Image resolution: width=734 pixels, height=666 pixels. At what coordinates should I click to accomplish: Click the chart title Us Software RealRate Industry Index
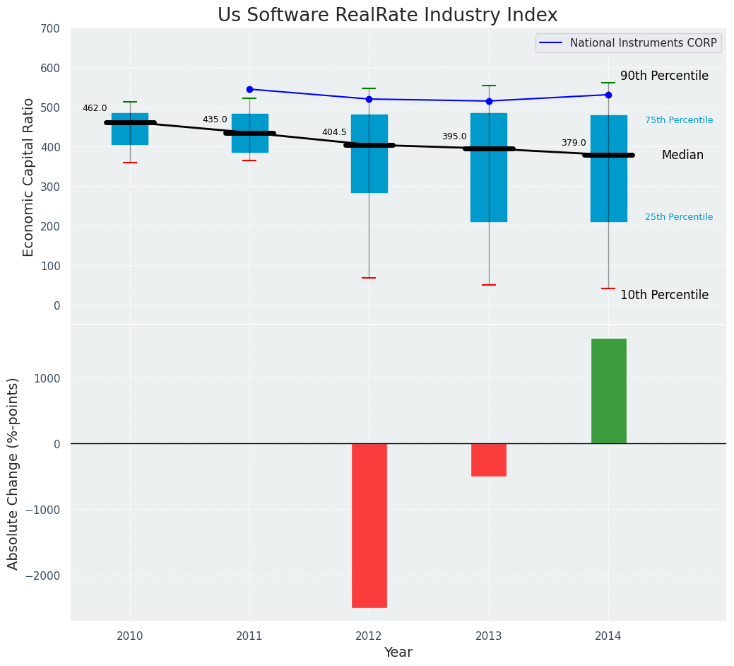click(x=387, y=16)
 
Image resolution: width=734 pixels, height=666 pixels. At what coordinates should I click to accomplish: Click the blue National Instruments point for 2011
click(x=249, y=89)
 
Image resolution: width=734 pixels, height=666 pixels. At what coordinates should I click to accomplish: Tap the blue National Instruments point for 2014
click(x=608, y=95)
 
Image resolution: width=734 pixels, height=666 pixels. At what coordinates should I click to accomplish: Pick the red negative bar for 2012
click(x=369, y=525)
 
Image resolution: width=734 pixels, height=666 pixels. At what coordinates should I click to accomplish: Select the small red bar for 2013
click(x=489, y=460)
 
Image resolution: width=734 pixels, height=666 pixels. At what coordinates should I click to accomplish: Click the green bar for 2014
click(x=608, y=391)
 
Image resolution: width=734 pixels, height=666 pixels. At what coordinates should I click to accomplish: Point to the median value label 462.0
click(x=95, y=108)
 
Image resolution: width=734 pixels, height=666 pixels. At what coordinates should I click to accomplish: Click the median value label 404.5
click(x=334, y=132)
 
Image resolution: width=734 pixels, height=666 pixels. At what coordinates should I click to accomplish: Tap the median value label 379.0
click(x=574, y=143)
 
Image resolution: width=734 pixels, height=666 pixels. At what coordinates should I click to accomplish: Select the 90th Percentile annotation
click(x=664, y=76)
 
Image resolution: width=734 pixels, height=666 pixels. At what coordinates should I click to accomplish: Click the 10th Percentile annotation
click(x=664, y=295)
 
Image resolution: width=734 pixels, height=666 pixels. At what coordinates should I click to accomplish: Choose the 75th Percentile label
click(x=679, y=120)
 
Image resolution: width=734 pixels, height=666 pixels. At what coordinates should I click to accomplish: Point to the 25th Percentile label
click(x=679, y=217)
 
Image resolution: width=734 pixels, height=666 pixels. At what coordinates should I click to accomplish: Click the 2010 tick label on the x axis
click(x=130, y=636)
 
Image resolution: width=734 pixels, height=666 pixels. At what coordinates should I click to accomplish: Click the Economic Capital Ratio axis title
click(x=29, y=177)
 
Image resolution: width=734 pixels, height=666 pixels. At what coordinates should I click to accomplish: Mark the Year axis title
click(x=398, y=653)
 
